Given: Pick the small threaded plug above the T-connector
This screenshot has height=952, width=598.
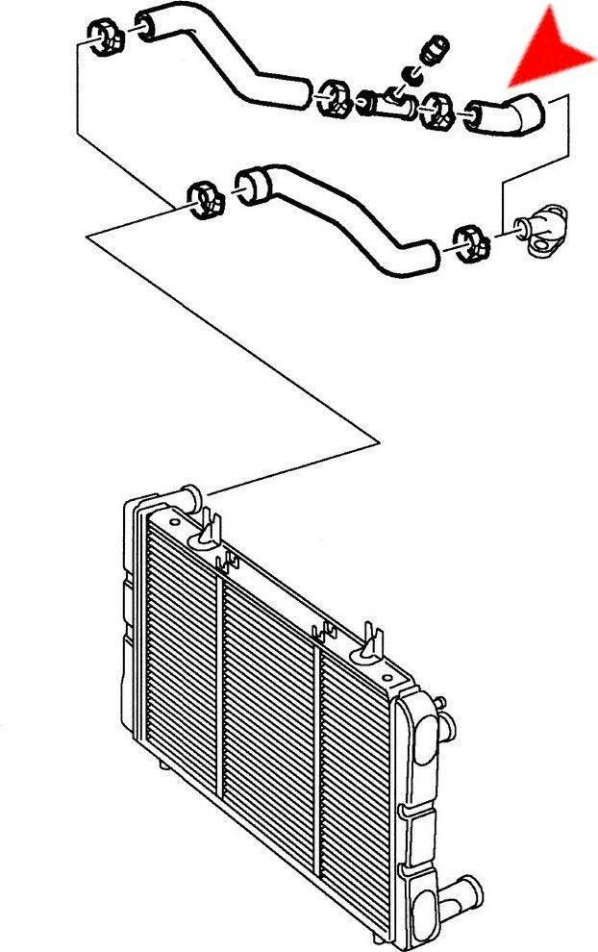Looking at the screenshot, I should pos(432,49).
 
